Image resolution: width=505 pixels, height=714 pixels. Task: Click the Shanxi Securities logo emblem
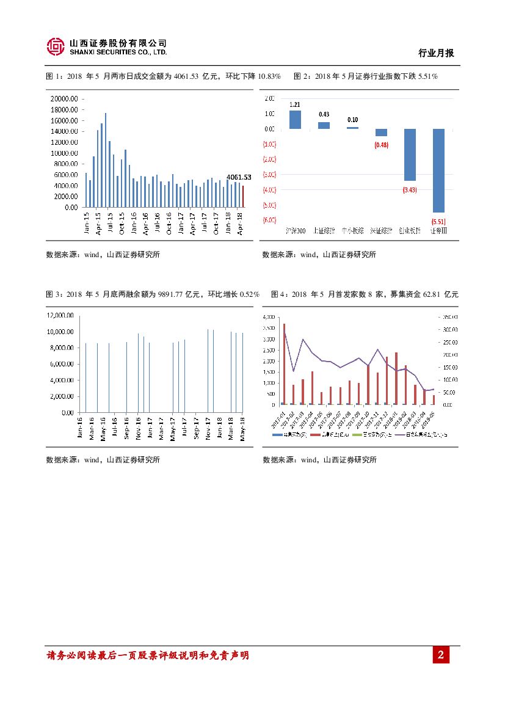(x=56, y=47)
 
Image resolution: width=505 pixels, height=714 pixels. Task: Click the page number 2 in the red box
(x=440, y=656)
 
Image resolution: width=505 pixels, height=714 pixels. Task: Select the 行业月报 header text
(x=436, y=54)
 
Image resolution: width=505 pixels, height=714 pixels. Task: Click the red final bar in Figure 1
(x=242, y=196)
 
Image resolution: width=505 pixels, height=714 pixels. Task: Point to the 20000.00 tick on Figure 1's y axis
(x=64, y=98)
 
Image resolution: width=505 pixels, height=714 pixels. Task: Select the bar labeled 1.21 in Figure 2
(x=295, y=120)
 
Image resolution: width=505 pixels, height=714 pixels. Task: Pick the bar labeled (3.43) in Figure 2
(x=409, y=155)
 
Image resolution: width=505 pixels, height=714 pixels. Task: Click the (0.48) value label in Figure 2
(x=382, y=145)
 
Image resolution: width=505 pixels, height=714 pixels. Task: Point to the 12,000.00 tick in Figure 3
(x=60, y=315)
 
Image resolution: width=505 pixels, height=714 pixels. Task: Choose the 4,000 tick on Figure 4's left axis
(x=268, y=317)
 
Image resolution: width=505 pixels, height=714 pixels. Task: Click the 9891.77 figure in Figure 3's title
(x=171, y=294)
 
